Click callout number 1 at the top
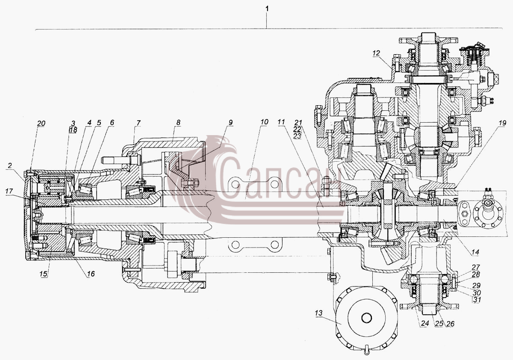[x=267, y=9]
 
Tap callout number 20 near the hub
[x=41, y=124]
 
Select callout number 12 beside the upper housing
[x=376, y=53]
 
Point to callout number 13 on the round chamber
[x=318, y=313]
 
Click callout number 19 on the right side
[x=502, y=123]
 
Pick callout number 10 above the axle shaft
[x=264, y=122]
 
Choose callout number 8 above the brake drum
[x=178, y=122]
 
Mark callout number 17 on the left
[x=9, y=191]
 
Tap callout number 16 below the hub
[x=91, y=274]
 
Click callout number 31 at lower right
[x=477, y=300]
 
